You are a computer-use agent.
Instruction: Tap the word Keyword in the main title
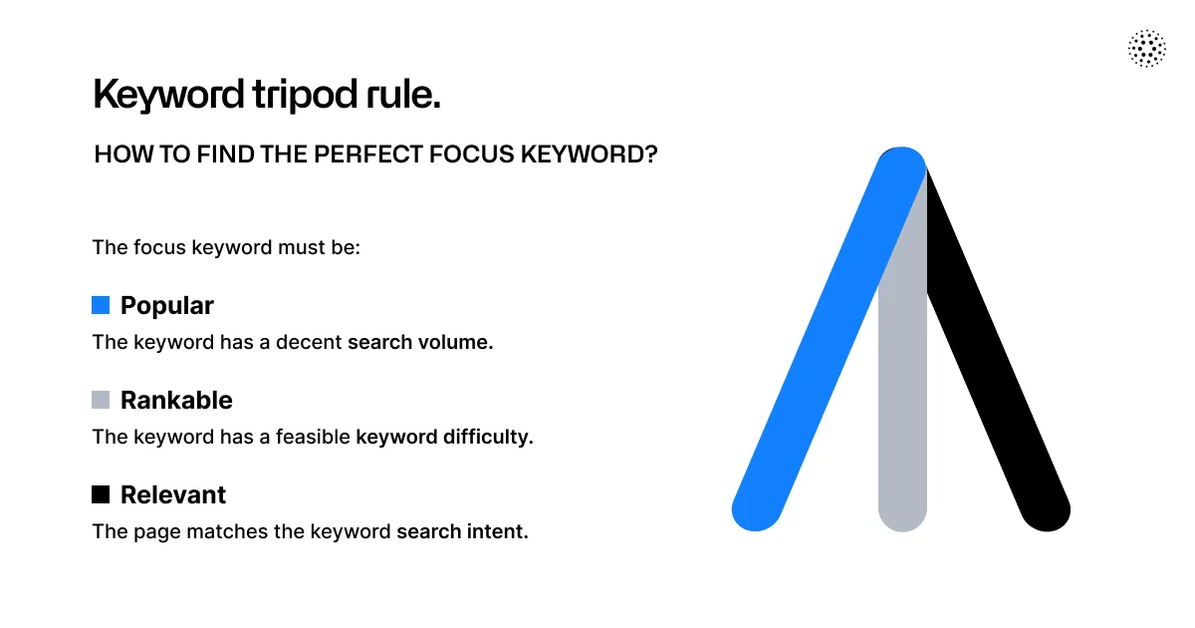168,95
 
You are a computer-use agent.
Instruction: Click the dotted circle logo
1147,49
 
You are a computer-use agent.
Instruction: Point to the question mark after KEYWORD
651,155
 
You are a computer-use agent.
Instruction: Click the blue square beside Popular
101,305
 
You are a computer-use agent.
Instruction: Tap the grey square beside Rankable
101,400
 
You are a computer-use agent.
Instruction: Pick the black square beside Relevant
101,494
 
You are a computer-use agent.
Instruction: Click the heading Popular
167,306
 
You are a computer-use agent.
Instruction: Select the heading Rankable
176,400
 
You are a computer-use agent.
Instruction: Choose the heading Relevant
173,494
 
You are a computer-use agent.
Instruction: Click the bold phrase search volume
420,342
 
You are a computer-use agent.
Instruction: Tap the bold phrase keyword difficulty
444,437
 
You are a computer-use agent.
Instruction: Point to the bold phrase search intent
462,532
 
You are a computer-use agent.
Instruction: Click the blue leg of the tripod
829,339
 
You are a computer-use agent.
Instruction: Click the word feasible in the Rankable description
313,437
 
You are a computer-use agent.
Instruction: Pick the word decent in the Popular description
309,342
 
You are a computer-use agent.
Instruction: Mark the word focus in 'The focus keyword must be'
159,248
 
